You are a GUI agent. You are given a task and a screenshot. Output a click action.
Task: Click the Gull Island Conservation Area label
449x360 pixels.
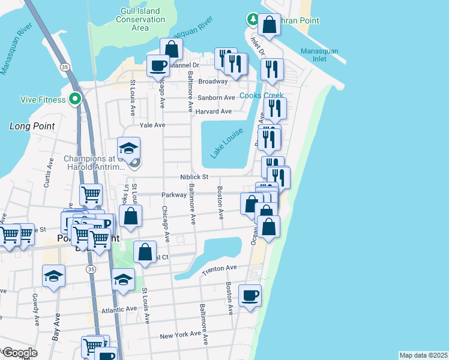point(139,20)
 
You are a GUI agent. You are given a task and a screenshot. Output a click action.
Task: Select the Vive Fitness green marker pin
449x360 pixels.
point(75,98)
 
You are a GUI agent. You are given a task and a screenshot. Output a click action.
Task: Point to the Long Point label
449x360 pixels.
point(32,127)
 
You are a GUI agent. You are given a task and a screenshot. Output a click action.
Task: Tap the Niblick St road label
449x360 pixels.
point(194,177)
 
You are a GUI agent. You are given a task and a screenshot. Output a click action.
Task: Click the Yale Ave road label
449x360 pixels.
point(152,126)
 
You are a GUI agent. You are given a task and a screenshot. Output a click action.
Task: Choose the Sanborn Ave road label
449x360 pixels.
point(217,97)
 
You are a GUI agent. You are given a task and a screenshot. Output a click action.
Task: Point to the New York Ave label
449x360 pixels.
point(180,335)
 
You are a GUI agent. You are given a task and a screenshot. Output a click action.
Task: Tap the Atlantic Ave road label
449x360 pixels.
point(119,310)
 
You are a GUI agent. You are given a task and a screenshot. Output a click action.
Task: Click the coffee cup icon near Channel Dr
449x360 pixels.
point(158,65)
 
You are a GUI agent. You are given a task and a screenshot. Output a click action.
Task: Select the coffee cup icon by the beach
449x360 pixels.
point(250,295)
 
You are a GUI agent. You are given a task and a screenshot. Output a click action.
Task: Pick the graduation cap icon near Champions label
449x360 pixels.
point(128,148)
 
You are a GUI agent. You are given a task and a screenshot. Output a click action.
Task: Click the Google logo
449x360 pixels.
point(19,353)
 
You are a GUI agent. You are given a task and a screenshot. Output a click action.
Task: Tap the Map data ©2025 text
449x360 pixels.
point(423,355)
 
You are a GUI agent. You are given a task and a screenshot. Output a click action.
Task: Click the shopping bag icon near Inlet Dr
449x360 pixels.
point(269,25)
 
